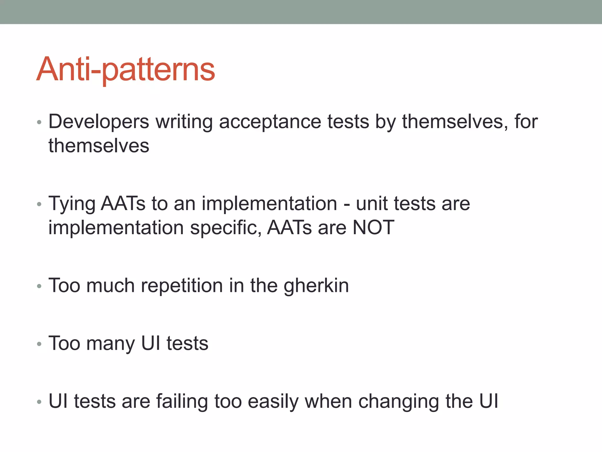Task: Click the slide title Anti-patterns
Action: tap(126, 69)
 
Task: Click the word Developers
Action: tap(99, 122)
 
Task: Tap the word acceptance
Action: tap(270, 122)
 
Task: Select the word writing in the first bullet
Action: tap(184, 122)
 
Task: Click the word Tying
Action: tap(72, 204)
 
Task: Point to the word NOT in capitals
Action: tap(373, 227)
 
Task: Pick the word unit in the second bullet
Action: tap(372, 204)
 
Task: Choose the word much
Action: tap(110, 285)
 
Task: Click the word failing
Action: tap(182, 401)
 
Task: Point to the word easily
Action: tap(273, 401)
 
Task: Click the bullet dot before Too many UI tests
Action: tap(39, 344)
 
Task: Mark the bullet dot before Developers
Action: tap(39, 122)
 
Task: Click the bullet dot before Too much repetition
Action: tap(39, 286)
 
